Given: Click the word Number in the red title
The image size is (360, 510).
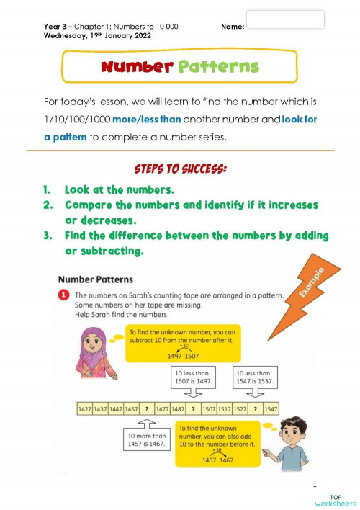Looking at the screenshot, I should (x=137, y=67).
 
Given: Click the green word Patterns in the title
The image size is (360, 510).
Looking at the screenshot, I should (x=217, y=67).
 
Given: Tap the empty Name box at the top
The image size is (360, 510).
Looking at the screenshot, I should (x=285, y=19).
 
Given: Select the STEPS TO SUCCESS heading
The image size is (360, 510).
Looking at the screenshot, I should (x=180, y=169).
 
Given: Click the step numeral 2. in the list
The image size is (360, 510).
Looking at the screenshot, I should (x=47, y=205).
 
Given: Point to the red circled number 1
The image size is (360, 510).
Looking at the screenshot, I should (x=64, y=295).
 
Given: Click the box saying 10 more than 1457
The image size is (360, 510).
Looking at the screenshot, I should (x=146, y=440).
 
